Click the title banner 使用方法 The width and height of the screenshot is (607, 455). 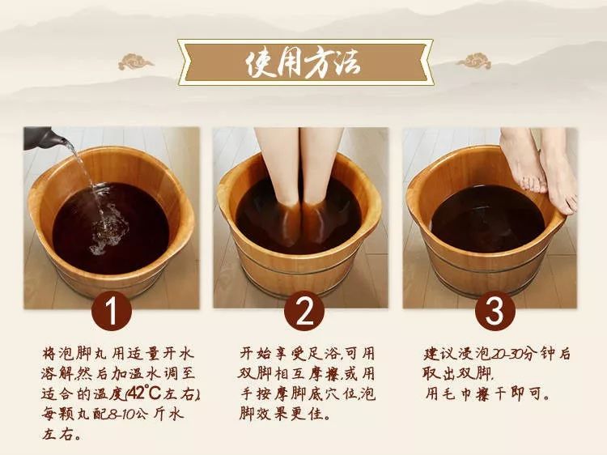305,62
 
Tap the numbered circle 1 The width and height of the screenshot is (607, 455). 112,311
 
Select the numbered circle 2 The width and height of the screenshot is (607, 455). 303,311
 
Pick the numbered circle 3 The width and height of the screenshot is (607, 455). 495,311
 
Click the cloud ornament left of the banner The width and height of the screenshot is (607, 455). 135,62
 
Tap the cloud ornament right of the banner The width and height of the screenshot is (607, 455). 473,62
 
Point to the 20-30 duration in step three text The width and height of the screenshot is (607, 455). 501,354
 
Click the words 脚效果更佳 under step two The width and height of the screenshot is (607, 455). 286,414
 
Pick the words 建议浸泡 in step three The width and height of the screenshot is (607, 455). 455,354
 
